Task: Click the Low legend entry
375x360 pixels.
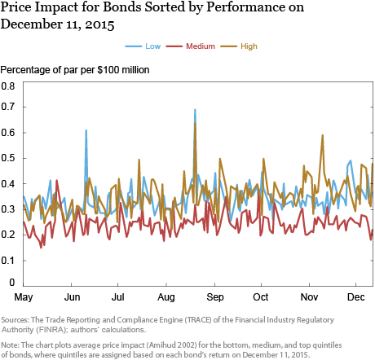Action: [143, 46]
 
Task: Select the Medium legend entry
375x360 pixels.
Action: [191, 46]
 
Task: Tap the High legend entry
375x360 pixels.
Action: [239, 46]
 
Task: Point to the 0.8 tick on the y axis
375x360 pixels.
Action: [8, 86]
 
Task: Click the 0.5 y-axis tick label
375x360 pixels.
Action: [8, 158]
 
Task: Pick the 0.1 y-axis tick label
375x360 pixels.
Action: [8, 261]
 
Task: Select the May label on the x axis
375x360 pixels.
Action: [24, 297]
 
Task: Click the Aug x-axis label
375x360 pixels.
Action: [166, 297]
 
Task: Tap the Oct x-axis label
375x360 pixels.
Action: [261, 297]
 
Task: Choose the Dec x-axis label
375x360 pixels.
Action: [355, 297]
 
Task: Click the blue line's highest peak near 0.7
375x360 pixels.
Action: [195, 110]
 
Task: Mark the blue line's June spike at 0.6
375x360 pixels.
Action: [86, 130]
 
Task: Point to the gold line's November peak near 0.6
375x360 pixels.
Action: [322, 135]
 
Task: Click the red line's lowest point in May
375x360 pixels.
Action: [42, 248]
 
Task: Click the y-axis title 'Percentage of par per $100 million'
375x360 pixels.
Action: [75, 70]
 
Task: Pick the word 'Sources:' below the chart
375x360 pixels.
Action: [15, 319]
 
